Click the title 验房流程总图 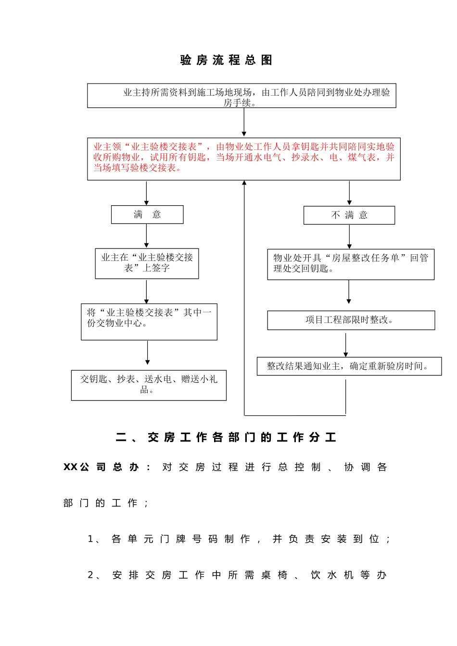click(x=226, y=60)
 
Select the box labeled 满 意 click(x=147, y=214)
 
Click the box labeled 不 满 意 click(x=349, y=215)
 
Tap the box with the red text click(x=243, y=159)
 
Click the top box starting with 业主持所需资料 click(x=241, y=96)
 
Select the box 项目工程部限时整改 click(x=351, y=320)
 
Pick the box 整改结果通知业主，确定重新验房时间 click(x=349, y=366)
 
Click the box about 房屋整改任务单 click(x=351, y=264)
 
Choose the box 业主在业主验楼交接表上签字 click(x=147, y=263)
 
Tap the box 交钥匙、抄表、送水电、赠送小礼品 click(x=149, y=385)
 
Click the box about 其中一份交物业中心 click(x=149, y=322)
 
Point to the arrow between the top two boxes click(x=244, y=123)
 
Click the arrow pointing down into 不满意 click(x=349, y=193)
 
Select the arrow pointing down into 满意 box click(x=147, y=193)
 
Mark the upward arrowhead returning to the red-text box click(x=244, y=184)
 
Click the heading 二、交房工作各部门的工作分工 click(x=226, y=437)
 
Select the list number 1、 click(x=94, y=539)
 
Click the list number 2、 click(x=94, y=575)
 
